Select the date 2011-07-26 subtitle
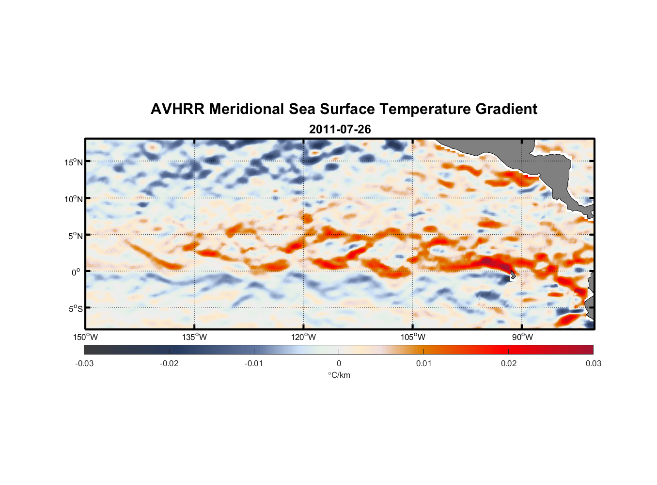tap(340, 129)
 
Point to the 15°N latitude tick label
tap(74, 162)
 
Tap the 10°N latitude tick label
tap(74, 199)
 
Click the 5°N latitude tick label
tap(75, 236)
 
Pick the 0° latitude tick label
tap(76, 272)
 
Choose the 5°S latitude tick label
tap(75, 308)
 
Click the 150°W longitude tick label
tap(85, 337)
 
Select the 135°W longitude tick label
tap(194, 337)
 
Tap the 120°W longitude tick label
tap(303, 337)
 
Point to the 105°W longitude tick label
tap(413, 337)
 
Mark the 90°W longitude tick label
tap(522, 337)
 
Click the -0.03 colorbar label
tap(84, 364)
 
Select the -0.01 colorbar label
tap(254, 364)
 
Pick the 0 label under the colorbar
tap(339, 364)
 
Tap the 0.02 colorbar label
tap(509, 364)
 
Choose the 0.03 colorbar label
tap(593, 364)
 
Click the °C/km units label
tap(339, 375)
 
